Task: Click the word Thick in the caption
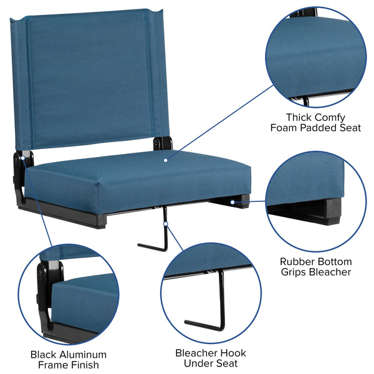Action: coord(298,117)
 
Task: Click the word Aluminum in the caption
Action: coord(82,355)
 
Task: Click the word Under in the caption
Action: coord(191,363)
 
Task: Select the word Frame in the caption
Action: coord(51,365)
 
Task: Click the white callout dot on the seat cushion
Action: coord(166,160)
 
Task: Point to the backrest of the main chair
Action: coord(87,75)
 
